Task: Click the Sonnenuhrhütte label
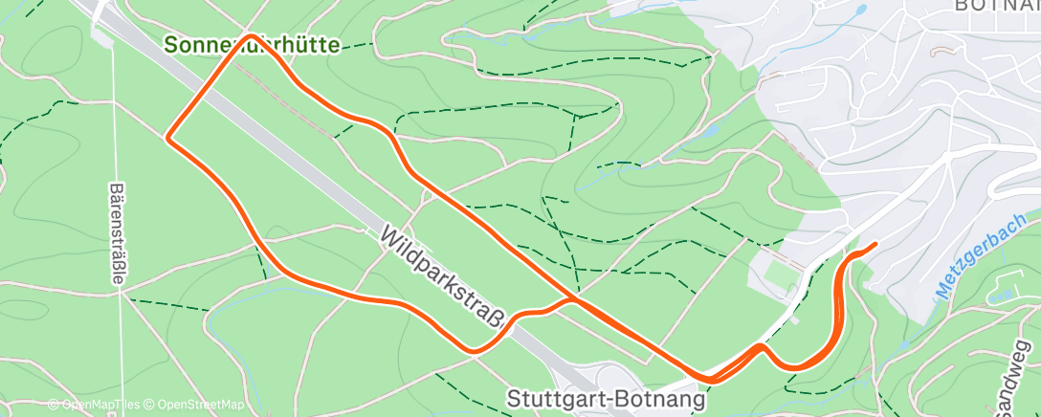tap(252, 45)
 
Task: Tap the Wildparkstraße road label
tap(445, 277)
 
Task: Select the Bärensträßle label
tap(118, 232)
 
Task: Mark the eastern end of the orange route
tap(875, 246)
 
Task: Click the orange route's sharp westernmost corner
tap(170, 139)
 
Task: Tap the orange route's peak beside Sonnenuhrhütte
tap(251, 36)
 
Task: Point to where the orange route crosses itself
tap(574, 298)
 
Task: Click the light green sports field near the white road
tap(784, 272)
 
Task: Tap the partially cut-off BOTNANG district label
tap(995, 6)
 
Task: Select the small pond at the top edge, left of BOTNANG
tap(861, 11)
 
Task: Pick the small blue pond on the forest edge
tap(709, 130)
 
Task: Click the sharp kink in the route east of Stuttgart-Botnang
tap(761, 346)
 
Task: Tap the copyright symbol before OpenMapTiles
tap(54, 405)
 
